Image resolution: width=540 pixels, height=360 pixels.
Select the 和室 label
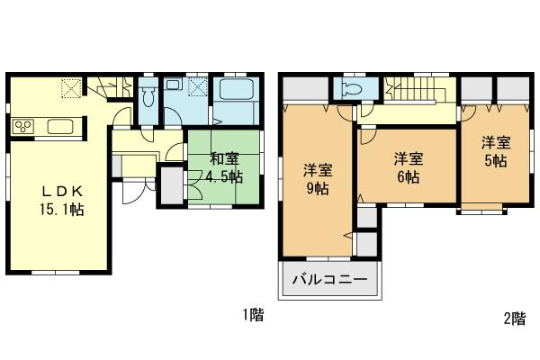224,159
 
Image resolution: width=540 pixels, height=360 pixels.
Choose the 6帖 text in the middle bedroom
407,177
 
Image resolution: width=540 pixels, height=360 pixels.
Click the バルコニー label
329,280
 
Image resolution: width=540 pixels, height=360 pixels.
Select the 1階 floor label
252,316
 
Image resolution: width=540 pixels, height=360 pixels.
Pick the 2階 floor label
514,316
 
